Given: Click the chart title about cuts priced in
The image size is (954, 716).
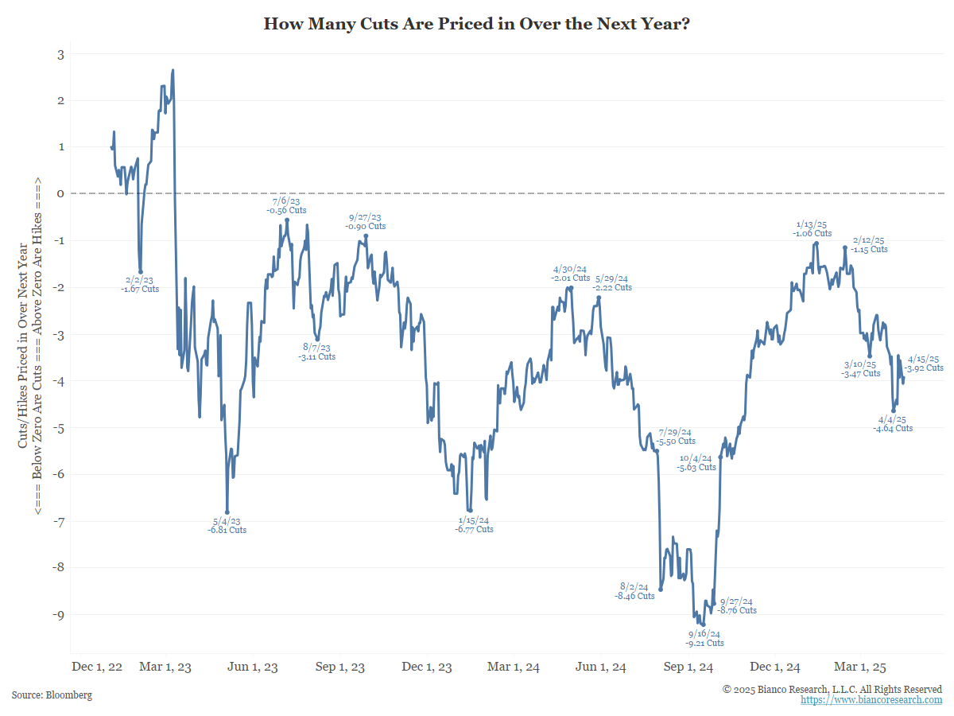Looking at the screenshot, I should click(476, 25).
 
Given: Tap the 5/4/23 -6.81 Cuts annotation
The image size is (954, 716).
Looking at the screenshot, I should click(227, 525).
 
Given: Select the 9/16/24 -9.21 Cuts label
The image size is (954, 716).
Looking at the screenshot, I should click(704, 638).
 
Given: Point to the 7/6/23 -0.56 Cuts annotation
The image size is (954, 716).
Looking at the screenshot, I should click(286, 205).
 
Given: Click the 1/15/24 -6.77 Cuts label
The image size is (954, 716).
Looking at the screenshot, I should click(474, 524).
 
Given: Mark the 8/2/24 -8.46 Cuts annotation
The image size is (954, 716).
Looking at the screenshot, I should click(634, 590).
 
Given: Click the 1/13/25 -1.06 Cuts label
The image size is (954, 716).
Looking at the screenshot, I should click(812, 228).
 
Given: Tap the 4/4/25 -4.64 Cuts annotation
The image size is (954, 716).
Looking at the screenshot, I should click(893, 423).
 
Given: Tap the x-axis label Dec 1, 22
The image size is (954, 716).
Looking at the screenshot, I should click(97, 667).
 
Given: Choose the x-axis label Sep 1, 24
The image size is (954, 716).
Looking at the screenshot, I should click(688, 667).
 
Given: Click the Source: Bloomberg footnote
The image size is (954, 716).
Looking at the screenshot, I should click(52, 695).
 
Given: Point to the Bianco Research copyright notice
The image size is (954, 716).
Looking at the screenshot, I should click(832, 689).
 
